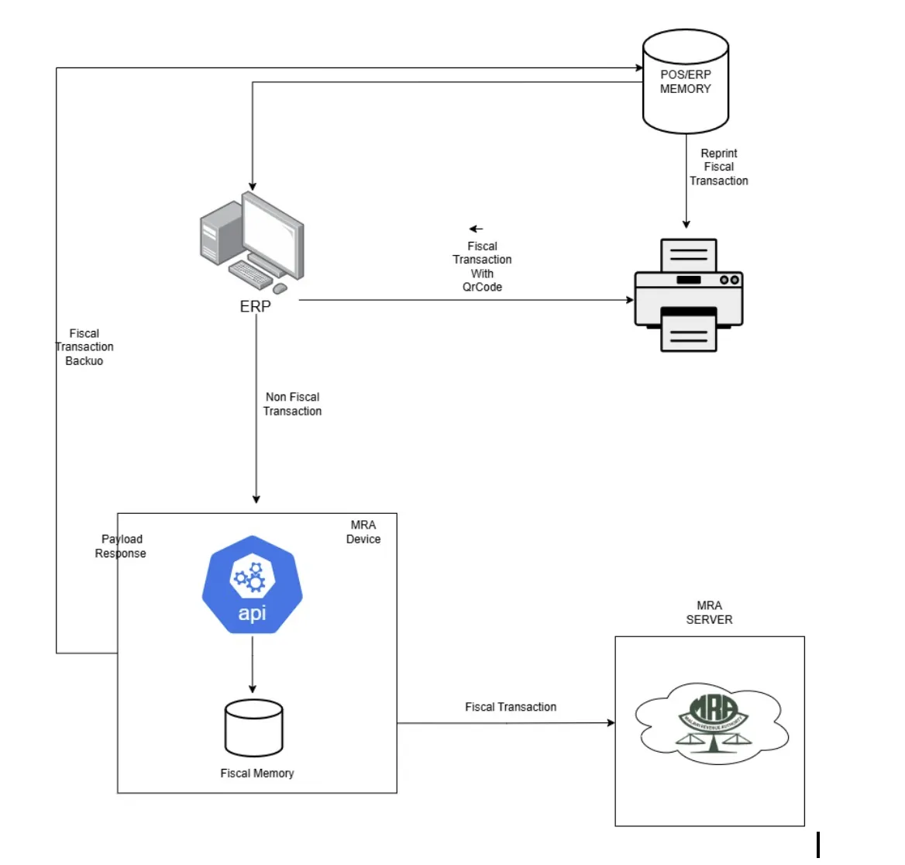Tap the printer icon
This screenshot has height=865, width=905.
[x=688, y=295]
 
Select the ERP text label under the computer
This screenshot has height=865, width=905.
[x=255, y=307]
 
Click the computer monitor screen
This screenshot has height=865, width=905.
[x=271, y=233]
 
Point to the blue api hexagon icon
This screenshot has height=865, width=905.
[x=253, y=585]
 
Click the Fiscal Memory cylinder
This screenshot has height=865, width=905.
[x=253, y=728]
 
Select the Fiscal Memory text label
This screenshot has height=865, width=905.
[x=257, y=774]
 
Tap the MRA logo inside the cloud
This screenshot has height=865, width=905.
[x=711, y=721]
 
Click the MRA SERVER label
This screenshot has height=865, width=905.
[x=709, y=612]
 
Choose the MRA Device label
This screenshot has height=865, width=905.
[x=363, y=532]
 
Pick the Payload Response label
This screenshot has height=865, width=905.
[x=121, y=546]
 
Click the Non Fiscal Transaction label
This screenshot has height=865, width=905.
[x=292, y=404]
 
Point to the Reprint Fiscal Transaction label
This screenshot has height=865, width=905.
[x=719, y=167]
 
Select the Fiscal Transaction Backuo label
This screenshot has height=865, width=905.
[x=84, y=347]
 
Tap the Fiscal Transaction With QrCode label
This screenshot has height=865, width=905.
[x=482, y=267]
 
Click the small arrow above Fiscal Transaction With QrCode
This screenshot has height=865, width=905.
[x=476, y=229]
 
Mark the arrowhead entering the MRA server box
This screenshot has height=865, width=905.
[x=611, y=723]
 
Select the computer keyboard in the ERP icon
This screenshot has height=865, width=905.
[x=250, y=275]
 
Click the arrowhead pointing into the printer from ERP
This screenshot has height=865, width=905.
[x=629, y=300]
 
